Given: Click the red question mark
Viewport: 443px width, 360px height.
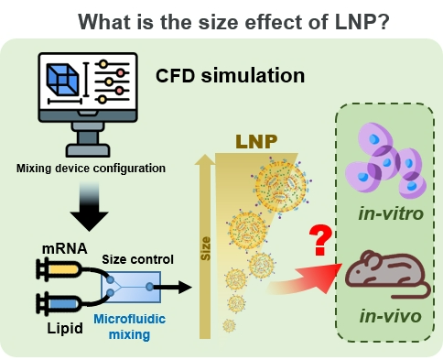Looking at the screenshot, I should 319,240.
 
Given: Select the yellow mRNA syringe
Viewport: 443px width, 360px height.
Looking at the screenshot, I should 57,270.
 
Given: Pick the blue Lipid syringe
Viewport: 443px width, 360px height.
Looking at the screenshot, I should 57,301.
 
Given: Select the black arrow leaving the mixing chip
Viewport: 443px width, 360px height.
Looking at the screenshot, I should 176,287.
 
